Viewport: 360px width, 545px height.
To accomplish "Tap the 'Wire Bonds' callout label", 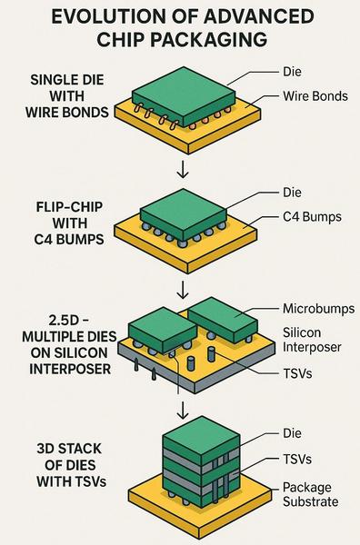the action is point(315,96).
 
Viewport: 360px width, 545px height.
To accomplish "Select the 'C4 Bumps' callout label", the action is point(312,217).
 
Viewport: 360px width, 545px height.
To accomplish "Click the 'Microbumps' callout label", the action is point(318,309).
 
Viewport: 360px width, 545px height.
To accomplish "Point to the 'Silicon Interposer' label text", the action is point(312,340).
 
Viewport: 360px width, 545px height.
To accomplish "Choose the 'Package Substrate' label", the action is point(310,494).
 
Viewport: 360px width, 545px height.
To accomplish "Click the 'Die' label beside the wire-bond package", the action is point(292,72).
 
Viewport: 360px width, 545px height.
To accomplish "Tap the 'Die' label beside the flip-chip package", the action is point(292,193).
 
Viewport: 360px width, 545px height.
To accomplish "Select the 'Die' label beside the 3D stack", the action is point(292,433).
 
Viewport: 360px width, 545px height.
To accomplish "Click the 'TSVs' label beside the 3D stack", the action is point(297,459).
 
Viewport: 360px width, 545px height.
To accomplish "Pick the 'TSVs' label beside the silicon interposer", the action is point(297,373).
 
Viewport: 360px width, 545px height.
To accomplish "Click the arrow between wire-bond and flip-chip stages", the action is point(183,169).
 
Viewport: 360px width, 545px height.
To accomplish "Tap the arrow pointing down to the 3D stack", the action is point(183,410).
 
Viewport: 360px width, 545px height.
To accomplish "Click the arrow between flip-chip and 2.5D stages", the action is point(183,289).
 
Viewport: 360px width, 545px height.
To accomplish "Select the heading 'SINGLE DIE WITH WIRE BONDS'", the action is point(66,96).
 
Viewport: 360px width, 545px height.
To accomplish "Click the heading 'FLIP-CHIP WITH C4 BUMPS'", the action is point(70,223).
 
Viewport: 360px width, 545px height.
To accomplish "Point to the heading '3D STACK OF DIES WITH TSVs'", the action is point(71,465).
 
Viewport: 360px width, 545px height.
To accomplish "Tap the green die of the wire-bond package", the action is point(184,95).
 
